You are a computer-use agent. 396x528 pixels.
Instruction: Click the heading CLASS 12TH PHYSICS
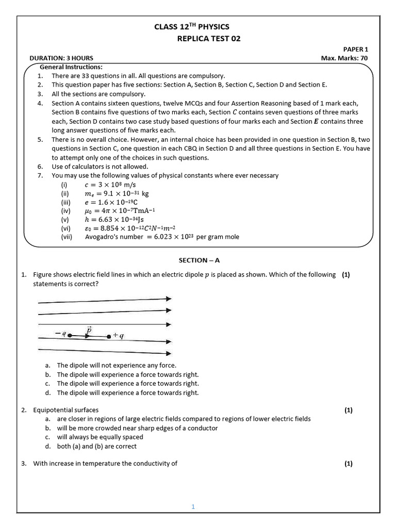[192, 27]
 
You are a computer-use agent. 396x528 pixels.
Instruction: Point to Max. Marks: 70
[344, 58]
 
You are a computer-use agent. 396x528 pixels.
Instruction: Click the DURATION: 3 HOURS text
[61, 58]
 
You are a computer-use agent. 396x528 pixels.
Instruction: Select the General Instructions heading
[71, 67]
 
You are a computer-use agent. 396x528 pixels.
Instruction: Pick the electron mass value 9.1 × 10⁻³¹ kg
[117, 193]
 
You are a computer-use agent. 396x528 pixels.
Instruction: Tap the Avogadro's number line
[162, 237]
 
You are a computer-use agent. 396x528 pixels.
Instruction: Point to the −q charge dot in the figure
[70, 336]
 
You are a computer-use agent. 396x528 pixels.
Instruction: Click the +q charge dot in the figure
[109, 336]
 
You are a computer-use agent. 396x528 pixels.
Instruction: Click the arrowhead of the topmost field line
[168, 299]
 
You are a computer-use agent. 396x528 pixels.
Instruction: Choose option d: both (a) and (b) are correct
[97, 447]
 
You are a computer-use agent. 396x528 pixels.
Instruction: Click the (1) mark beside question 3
[349, 464]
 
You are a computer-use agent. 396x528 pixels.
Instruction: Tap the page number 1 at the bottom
[193, 507]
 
